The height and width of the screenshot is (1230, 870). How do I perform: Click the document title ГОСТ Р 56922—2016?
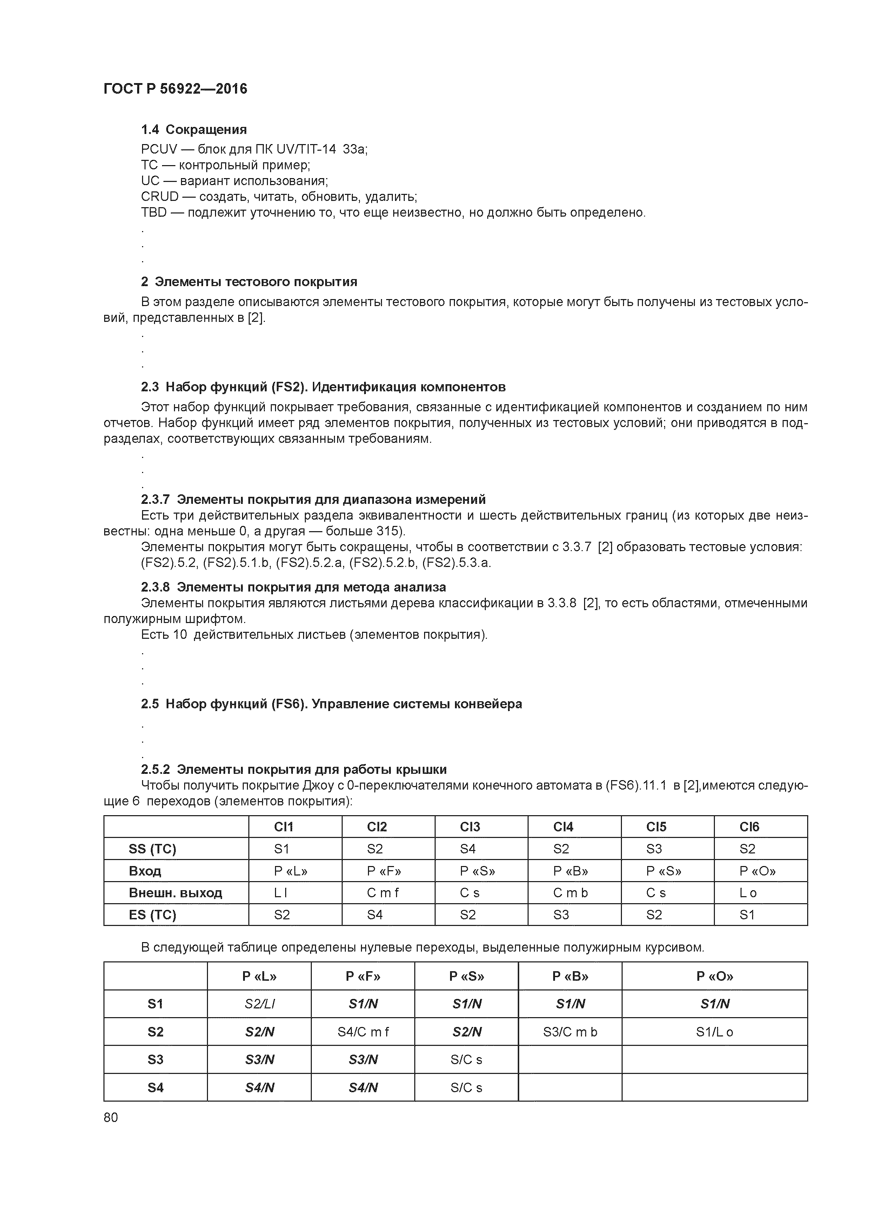[175, 89]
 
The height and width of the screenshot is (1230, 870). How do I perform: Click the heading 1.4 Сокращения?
[194, 130]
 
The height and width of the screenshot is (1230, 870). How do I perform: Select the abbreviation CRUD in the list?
[159, 197]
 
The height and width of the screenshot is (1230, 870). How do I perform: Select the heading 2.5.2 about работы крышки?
[294, 770]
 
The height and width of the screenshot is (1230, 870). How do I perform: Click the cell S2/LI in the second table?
[260, 1004]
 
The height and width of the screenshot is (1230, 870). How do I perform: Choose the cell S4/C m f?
[363, 1032]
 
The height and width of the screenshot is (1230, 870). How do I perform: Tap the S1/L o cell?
[715, 1032]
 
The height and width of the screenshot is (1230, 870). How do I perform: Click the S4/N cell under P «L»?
[260, 1088]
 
